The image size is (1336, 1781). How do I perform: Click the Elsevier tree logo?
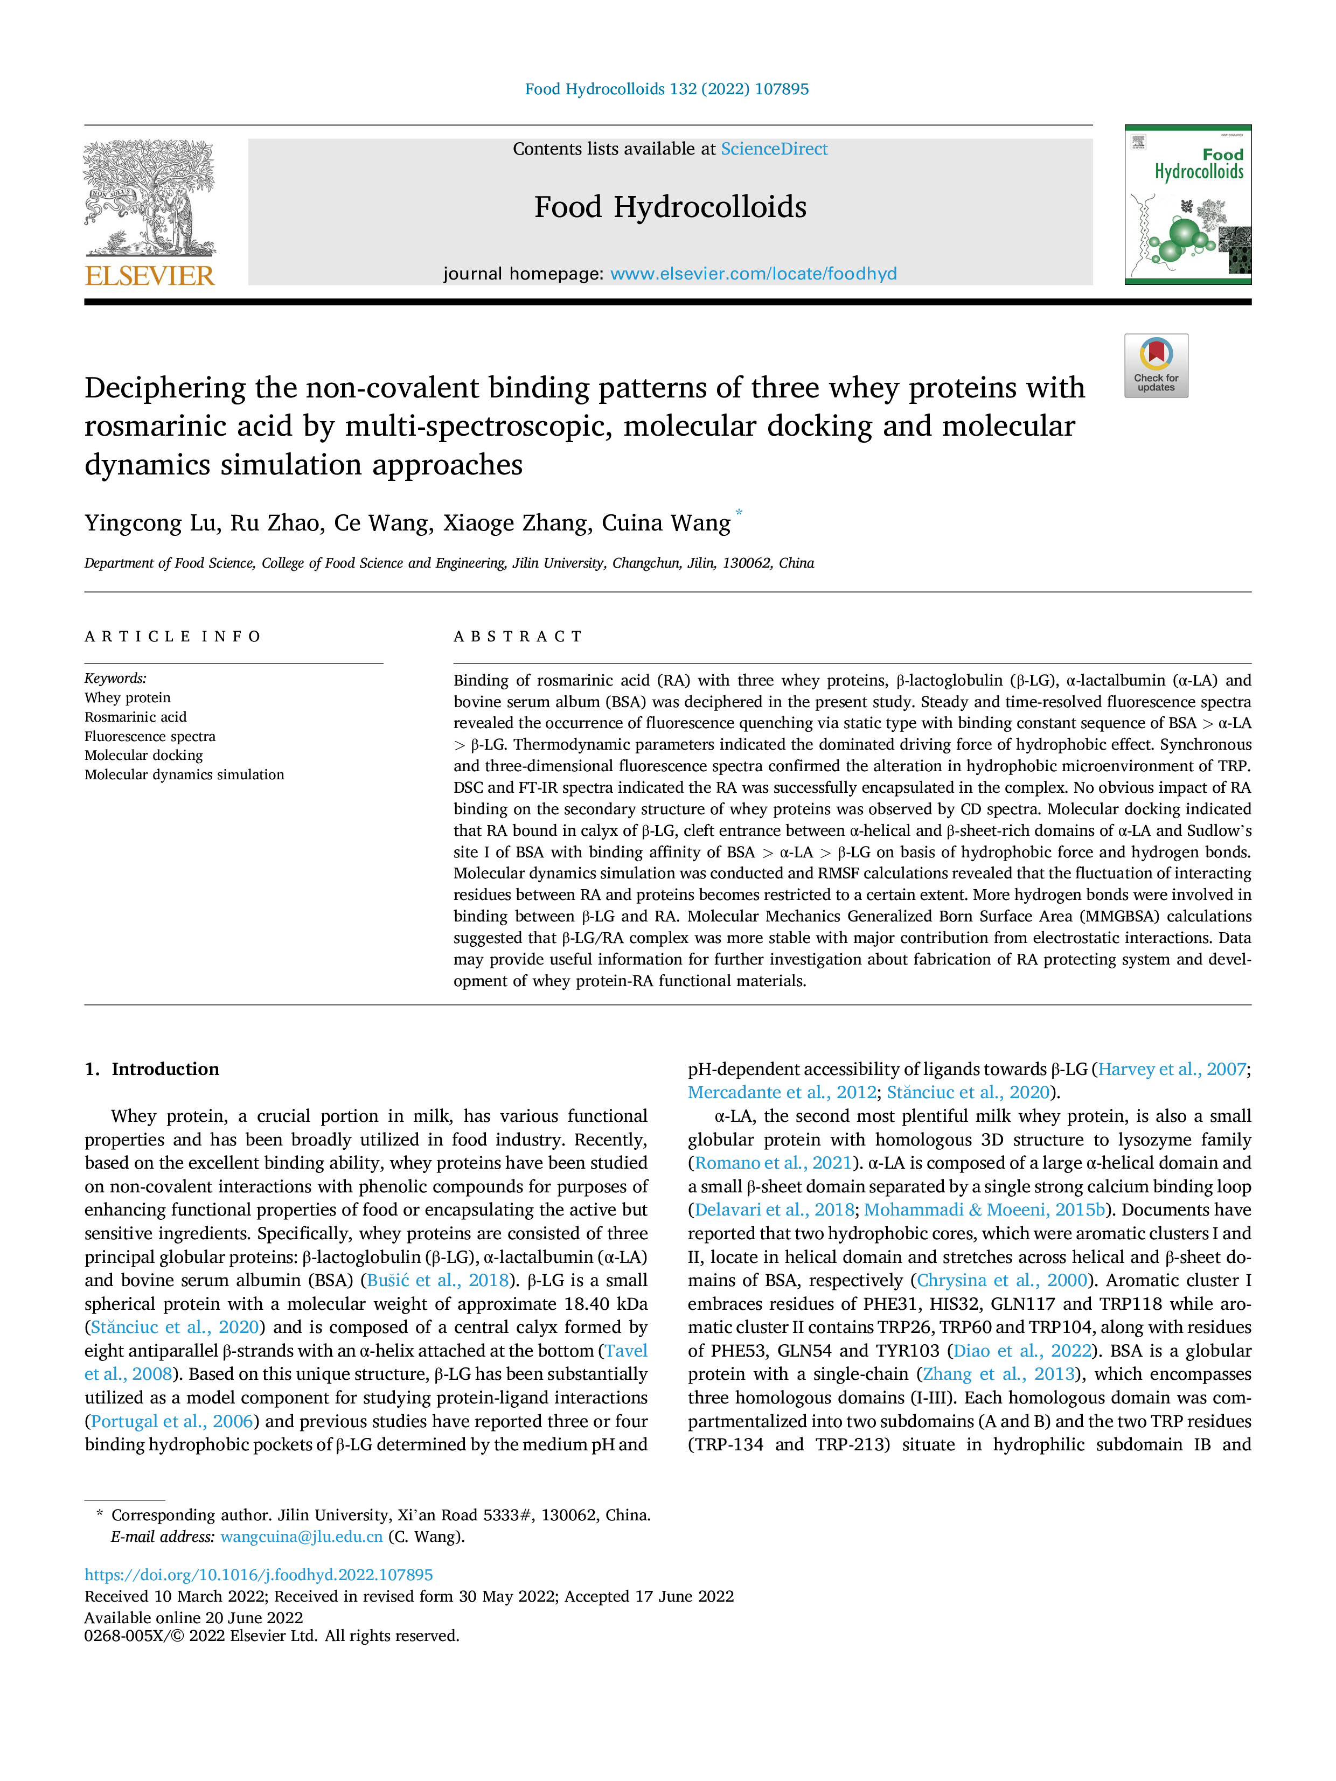click(150, 198)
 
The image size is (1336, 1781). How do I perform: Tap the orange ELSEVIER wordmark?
click(150, 276)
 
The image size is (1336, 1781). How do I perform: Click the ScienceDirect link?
click(774, 149)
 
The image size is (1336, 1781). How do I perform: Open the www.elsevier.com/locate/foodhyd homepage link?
click(753, 274)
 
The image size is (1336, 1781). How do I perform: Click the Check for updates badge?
click(1156, 366)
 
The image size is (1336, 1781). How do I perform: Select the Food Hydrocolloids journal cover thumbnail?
click(1188, 205)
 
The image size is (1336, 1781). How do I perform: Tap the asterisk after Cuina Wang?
click(739, 513)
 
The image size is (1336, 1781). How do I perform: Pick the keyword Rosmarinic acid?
click(135, 717)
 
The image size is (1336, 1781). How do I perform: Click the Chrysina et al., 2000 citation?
click(1003, 1280)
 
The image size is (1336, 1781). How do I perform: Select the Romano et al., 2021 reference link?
click(773, 1163)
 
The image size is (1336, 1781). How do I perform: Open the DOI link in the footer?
click(259, 1574)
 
